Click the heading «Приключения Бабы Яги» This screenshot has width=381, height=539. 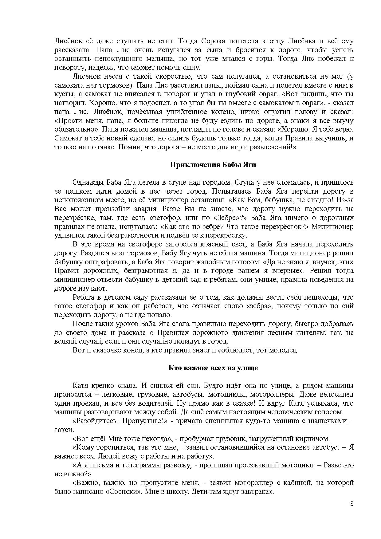[x=213, y=165]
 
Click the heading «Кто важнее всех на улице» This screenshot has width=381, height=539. [x=213, y=368]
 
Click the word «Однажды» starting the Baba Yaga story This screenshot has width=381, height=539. [x=88, y=183]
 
